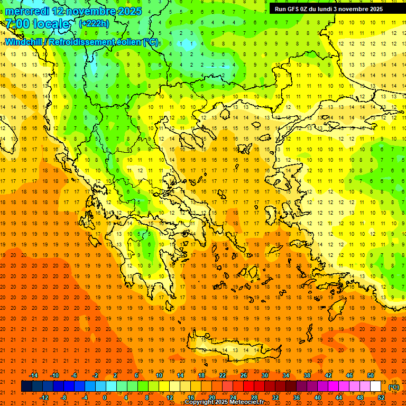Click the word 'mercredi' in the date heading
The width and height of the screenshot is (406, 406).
pyautogui.click(x=27, y=11)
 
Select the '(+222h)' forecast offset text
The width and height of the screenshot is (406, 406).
pyautogui.click(x=95, y=24)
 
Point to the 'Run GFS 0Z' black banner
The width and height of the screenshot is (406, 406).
pyautogui.click(x=333, y=9)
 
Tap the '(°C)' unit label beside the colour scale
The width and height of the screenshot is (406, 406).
pyautogui.click(x=394, y=387)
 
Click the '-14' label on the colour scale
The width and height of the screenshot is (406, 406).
pyautogui.click(x=33, y=375)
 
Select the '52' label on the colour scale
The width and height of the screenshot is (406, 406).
pyautogui.click(x=381, y=398)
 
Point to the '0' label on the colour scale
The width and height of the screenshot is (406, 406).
pyautogui.click(x=105, y=398)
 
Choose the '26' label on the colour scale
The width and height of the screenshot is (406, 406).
pyautogui.click(x=243, y=375)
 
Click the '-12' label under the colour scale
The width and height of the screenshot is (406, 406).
pyautogui.click(x=44, y=398)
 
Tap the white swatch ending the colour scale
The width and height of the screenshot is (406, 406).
pyautogui.click(x=375, y=386)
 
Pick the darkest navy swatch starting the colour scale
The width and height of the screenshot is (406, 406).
pyautogui.click(x=26, y=386)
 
